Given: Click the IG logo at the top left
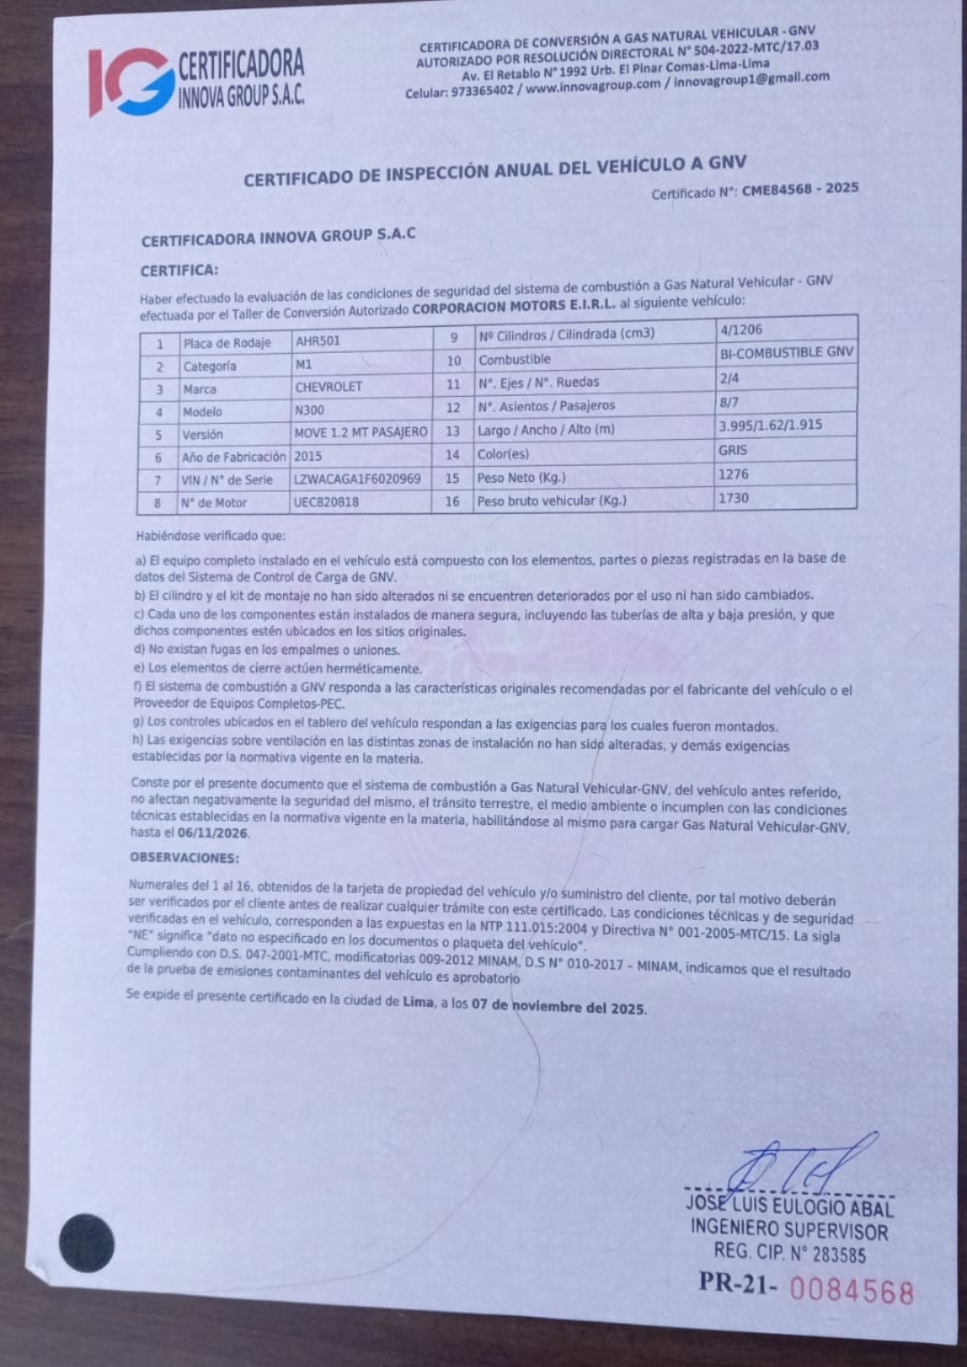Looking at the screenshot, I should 130,82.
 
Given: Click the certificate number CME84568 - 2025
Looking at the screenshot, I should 800,189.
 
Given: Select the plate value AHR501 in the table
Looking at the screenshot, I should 318,341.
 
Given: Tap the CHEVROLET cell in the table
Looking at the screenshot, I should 329,388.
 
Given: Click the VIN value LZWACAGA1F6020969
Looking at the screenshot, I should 357,479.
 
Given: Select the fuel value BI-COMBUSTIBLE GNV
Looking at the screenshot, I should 786,353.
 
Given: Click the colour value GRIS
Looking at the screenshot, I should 732,451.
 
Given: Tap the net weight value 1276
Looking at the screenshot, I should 733,475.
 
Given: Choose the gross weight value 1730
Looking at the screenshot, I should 733,498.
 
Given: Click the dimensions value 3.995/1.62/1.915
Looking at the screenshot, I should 770,426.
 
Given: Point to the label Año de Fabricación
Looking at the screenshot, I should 233,457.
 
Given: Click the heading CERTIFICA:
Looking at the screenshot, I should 179,271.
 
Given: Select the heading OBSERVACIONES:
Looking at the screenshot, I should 184,857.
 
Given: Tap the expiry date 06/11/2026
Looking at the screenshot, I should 213,833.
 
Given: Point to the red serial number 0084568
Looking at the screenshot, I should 851,1292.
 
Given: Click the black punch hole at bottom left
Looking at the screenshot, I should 87,1242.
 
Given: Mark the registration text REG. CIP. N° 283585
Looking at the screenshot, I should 790,1253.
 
